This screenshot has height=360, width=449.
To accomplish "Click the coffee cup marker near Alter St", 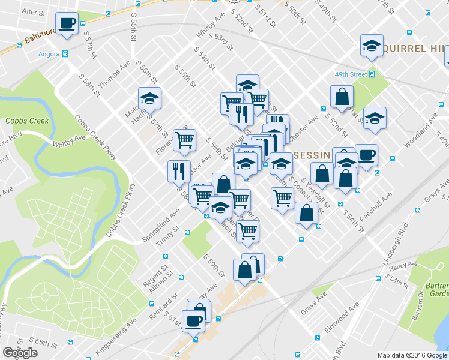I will [x=67, y=23].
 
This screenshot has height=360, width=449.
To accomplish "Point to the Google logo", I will [x=20, y=353].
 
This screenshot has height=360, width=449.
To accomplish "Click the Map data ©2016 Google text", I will [x=412, y=355].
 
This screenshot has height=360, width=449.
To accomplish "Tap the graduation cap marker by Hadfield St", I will [x=149, y=98].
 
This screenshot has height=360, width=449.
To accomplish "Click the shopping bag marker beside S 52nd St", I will [x=342, y=97].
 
